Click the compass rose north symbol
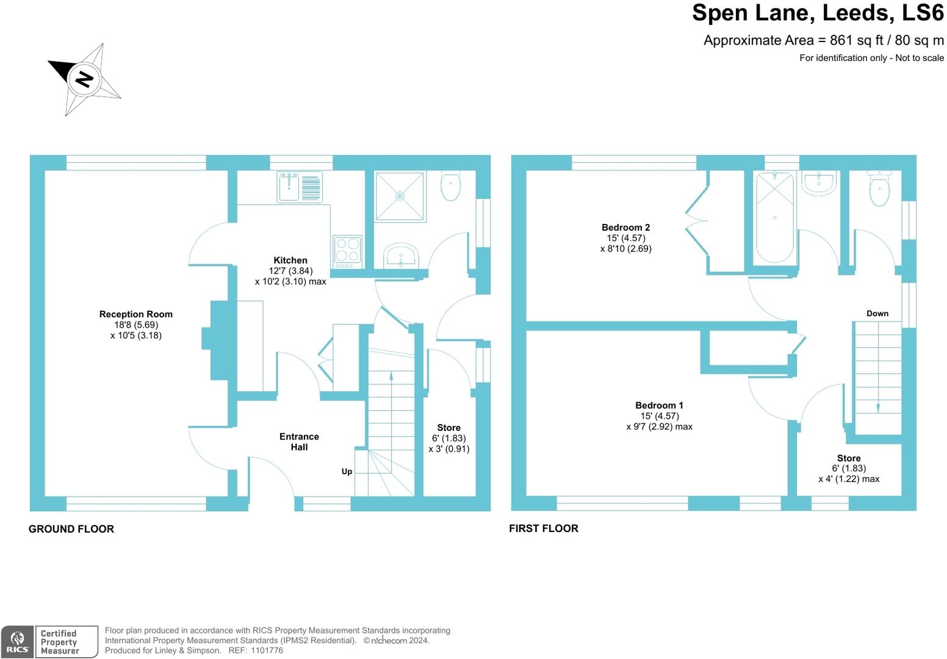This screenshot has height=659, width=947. pyautogui.click(x=84, y=79)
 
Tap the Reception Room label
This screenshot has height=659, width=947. pyautogui.click(x=135, y=314)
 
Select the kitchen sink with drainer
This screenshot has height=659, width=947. pyautogui.click(x=300, y=187)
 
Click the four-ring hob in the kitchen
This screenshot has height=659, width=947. pyautogui.click(x=348, y=252)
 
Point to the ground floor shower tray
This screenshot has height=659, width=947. pyautogui.click(x=400, y=196)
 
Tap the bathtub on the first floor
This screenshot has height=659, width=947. pyautogui.click(x=774, y=218)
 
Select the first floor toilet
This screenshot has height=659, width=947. pyautogui.click(x=879, y=188)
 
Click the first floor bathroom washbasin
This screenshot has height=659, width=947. pyautogui.click(x=819, y=183)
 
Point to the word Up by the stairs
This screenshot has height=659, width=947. pyautogui.click(x=347, y=471)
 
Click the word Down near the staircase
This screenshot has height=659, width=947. pyautogui.click(x=877, y=313)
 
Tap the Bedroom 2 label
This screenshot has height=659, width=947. pyautogui.click(x=625, y=228)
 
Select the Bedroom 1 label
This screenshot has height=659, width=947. pyautogui.click(x=659, y=405)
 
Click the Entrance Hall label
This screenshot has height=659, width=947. pyautogui.click(x=299, y=442)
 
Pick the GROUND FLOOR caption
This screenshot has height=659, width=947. pyautogui.click(x=71, y=529)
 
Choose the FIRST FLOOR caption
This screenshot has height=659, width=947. pyautogui.click(x=544, y=528)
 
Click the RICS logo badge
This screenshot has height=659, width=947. pyautogui.click(x=17, y=642)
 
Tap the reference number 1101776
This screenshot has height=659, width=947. pyautogui.click(x=267, y=650)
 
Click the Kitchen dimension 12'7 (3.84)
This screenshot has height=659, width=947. pyautogui.click(x=290, y=271)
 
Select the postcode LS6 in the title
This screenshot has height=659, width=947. pyautogui.click(x=923, y=13)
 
